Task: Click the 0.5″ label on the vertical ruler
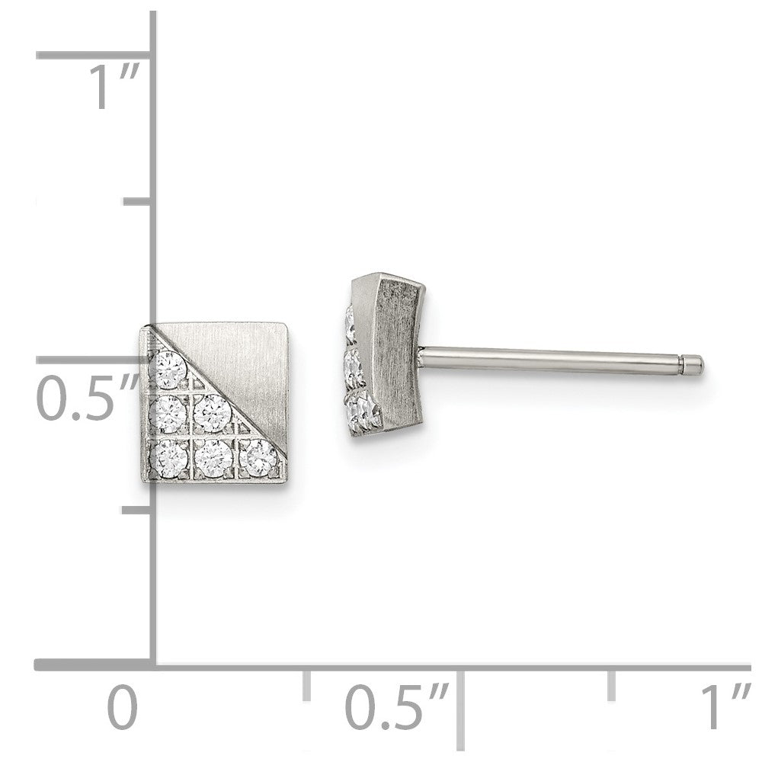[x=86, y=399]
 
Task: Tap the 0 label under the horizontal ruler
[x=122, y=706]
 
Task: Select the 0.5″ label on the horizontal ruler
[x=396, y=706]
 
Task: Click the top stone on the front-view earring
[x=168, y=370]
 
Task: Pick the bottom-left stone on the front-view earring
[x=168, y=459]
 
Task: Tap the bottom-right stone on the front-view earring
[x=258, y=457]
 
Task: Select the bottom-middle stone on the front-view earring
[x=213, y=458]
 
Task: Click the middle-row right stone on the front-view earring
[x=212, y=413]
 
